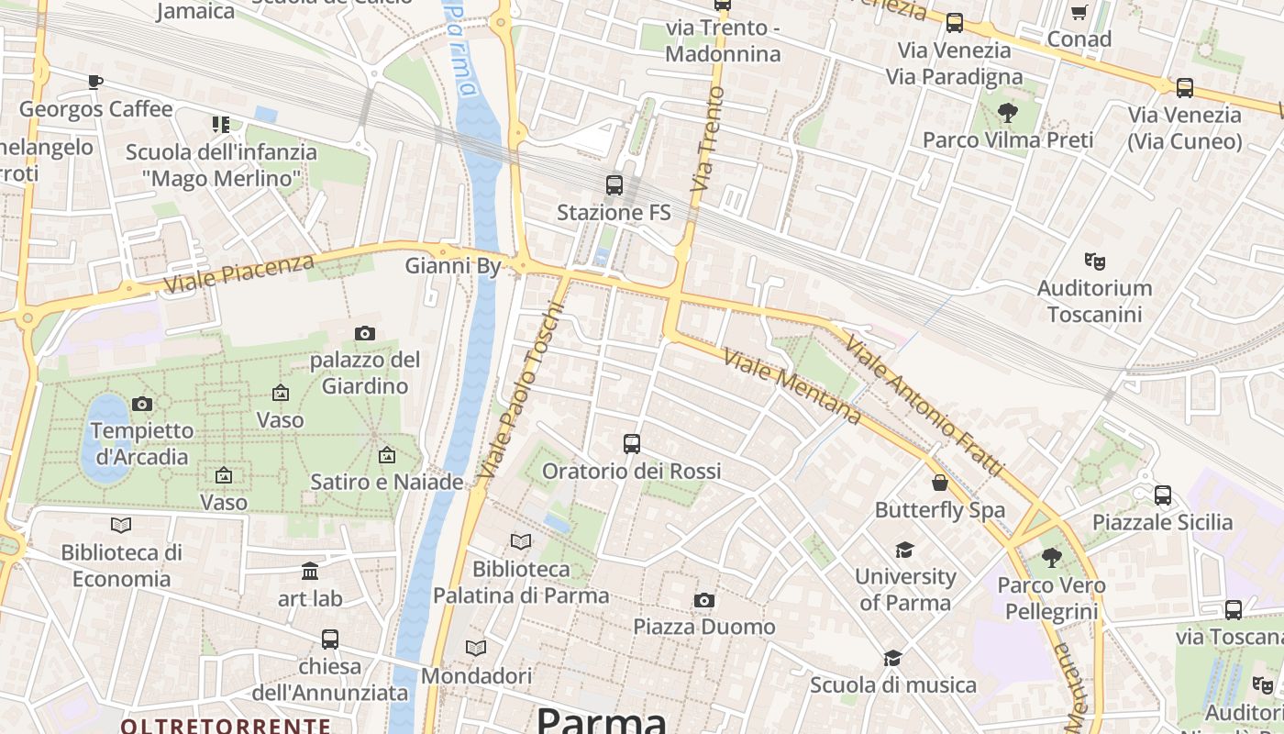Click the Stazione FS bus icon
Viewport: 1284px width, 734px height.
[x=614, y=185]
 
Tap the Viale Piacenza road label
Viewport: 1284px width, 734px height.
[x=239, y=273]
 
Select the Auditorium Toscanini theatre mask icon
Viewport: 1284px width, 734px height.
[x=1093, y=261]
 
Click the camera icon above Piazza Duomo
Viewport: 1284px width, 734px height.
[x=703, y=601]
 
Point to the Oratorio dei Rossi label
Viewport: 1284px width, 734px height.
[x=631, y=471]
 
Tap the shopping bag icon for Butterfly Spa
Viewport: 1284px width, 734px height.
[x=939, y=483]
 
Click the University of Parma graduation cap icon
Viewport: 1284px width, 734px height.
[x=904, y=550]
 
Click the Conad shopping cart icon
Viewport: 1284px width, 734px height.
[x=1079, y=13]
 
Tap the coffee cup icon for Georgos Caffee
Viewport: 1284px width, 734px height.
[x=95, y=83]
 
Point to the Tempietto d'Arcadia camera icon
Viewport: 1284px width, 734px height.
[x=141, y=404]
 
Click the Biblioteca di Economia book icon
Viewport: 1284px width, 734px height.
[x=121, y=526]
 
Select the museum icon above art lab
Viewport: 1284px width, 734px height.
[x=310, y=572]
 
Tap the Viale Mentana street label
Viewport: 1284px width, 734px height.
[x=792, y=386]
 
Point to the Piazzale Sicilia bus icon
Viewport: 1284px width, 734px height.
[x=1162, y=495]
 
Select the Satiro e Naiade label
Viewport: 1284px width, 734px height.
[x=386, y=482]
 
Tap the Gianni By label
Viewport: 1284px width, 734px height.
[x=453, y=266]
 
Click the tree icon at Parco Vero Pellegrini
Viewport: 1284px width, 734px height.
[x=1051, y=558]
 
